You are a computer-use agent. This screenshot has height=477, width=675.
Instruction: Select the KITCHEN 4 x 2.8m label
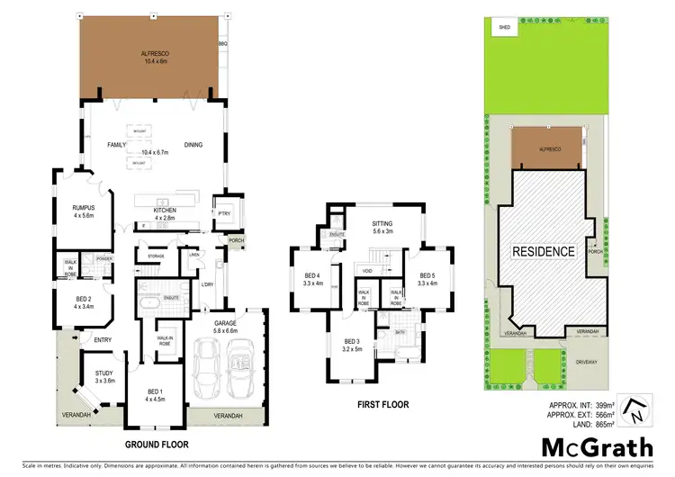(165, 213)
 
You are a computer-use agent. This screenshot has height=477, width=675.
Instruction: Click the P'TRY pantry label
(222, 213)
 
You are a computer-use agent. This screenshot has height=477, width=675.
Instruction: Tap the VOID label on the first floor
(366, 270)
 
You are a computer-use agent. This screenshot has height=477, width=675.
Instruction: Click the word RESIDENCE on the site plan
(543, 251)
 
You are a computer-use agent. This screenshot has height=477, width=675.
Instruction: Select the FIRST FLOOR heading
(382, 405)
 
